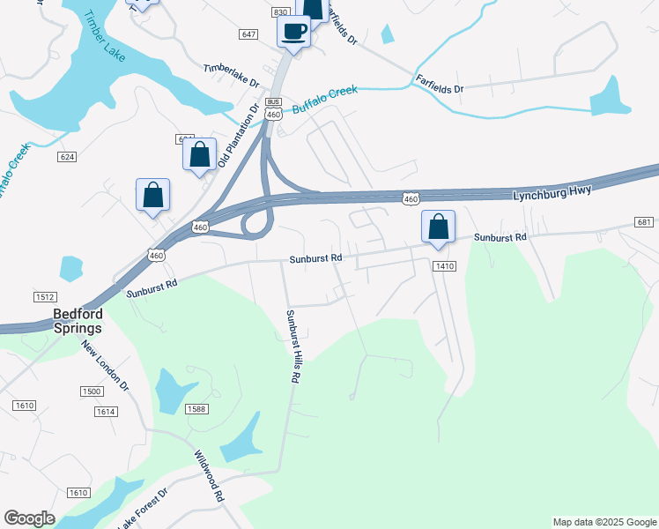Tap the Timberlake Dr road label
pos(231,75)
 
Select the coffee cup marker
pos(294,33)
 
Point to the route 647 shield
pos(248,34)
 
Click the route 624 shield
pos(66,156)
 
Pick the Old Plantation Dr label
pos(238,137)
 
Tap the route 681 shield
pos(643,221)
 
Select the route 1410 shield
pos(443,265)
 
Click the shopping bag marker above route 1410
pos(438,227)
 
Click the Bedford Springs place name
pos(77,321)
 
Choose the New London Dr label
pos(106,367)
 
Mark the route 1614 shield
pos(106,412)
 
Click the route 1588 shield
pos(196,408)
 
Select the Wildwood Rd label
pos(210,476)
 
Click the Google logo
pos(29,518)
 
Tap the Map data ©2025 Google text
pos(603,522)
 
